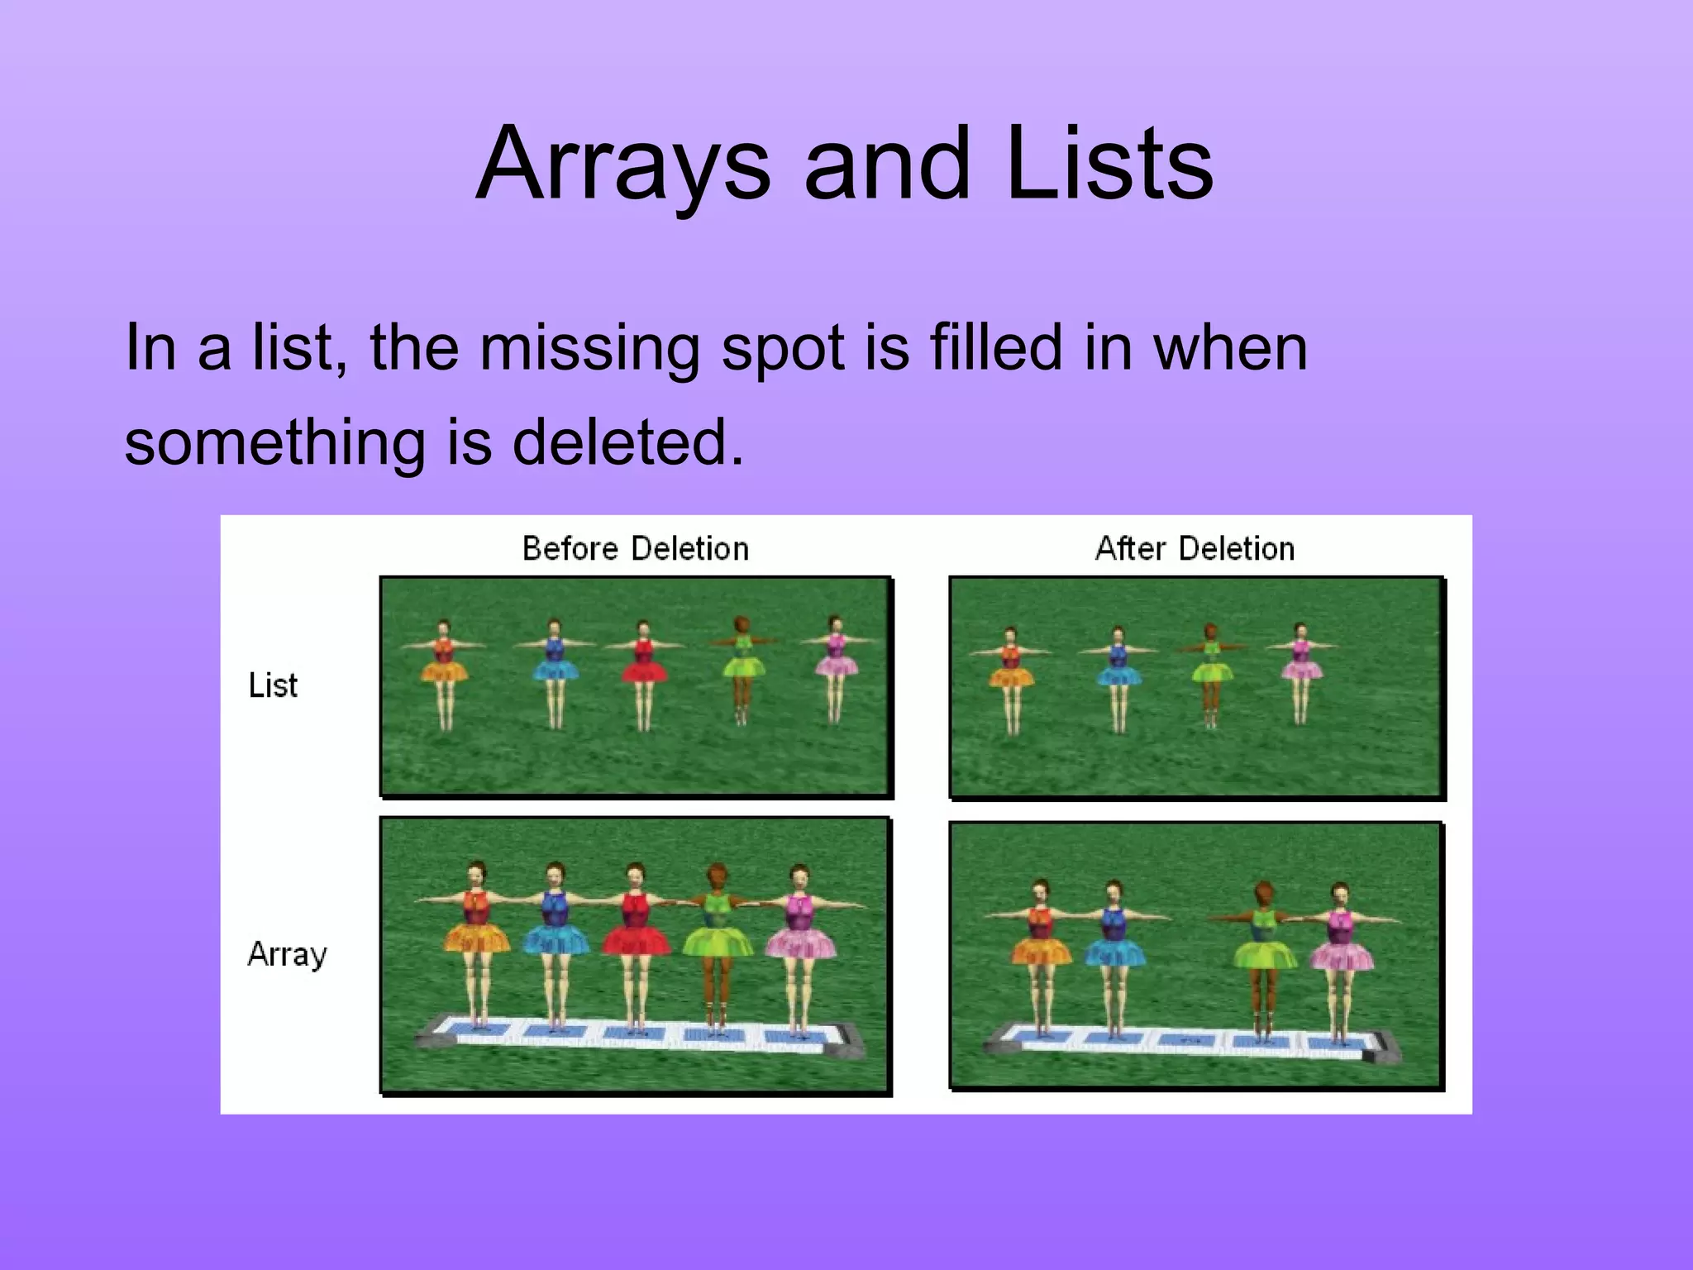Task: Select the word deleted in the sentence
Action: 627,442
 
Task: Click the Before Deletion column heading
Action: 635,549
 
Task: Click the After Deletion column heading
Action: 1195,549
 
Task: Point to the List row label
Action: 273,685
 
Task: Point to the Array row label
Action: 287,954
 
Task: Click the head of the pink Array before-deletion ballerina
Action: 799,876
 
